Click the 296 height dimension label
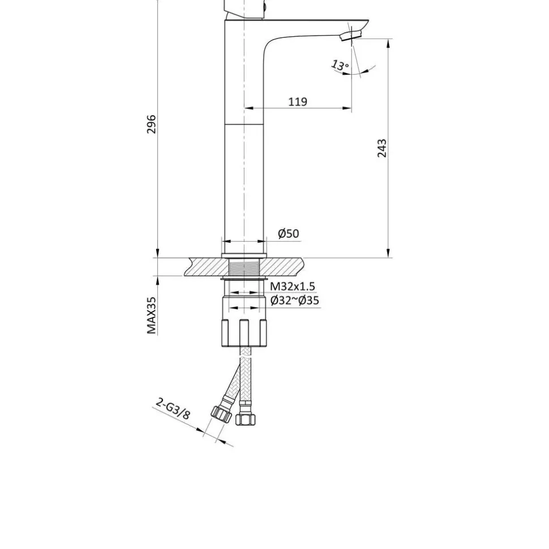tap(151, 124)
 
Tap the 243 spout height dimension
tap(382, 148)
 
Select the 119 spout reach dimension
tap(298, 101)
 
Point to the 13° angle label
tap(340, 65)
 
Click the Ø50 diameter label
tap(289, 233)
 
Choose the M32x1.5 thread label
tap(293, 286)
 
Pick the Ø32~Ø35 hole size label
tap(294, 300)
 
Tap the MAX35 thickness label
tap(151, 315)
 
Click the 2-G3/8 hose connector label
tap(173, 408)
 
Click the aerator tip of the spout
tap(350, 35)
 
